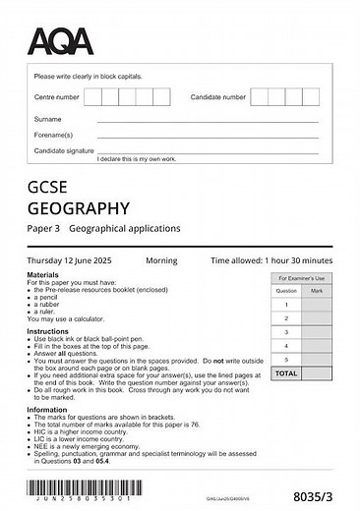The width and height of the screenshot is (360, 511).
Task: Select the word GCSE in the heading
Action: (x=48, y=186)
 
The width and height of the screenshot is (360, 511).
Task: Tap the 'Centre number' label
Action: (x=56, y=97)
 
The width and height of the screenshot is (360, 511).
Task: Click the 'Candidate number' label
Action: (x=217, y=97)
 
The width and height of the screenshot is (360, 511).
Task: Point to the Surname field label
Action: (x=47, y=119)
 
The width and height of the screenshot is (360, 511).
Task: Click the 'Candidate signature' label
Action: (x=65, y=150)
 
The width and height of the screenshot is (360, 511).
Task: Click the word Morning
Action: (x=161, y=260)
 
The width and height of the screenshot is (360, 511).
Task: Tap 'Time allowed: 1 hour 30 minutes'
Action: (x=271, y=260)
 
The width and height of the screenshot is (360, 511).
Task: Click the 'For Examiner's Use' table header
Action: (x=300, y=279)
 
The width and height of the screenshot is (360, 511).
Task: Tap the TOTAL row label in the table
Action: (x=285, y=373)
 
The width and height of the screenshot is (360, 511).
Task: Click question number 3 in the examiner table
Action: (x=285, y=332)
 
